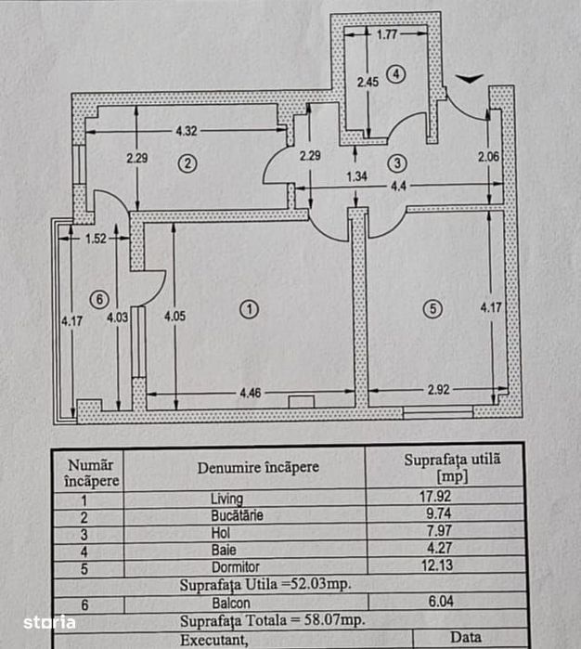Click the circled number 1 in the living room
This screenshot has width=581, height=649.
point(249,309)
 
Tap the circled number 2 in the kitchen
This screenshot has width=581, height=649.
point(187,163)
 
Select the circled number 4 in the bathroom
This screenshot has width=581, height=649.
point(396,74)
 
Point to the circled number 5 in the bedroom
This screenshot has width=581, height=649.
point(433,309)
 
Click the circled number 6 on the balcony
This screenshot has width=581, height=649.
point(99,299)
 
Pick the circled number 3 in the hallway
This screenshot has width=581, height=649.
point(397,163)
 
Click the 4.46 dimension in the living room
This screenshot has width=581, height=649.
point(251,393)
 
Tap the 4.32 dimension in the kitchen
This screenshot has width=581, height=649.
point(187,131)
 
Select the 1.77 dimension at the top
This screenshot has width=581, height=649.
point(387,34)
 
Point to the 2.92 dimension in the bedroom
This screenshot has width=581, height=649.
point(438,389)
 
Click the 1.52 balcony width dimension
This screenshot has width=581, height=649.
point(96,239)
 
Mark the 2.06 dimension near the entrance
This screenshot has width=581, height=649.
point(488,157)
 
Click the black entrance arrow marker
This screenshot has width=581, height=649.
point(470,79)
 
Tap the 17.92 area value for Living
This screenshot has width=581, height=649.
point(435,496)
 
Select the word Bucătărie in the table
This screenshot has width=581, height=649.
point(237,515)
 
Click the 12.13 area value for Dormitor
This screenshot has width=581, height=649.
point(436,565)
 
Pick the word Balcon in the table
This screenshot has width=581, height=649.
point(231,604)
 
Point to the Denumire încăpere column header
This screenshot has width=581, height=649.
point(258,468)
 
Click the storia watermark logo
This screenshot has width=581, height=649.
point(50,622)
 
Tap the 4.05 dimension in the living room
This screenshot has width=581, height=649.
point(174,317)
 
